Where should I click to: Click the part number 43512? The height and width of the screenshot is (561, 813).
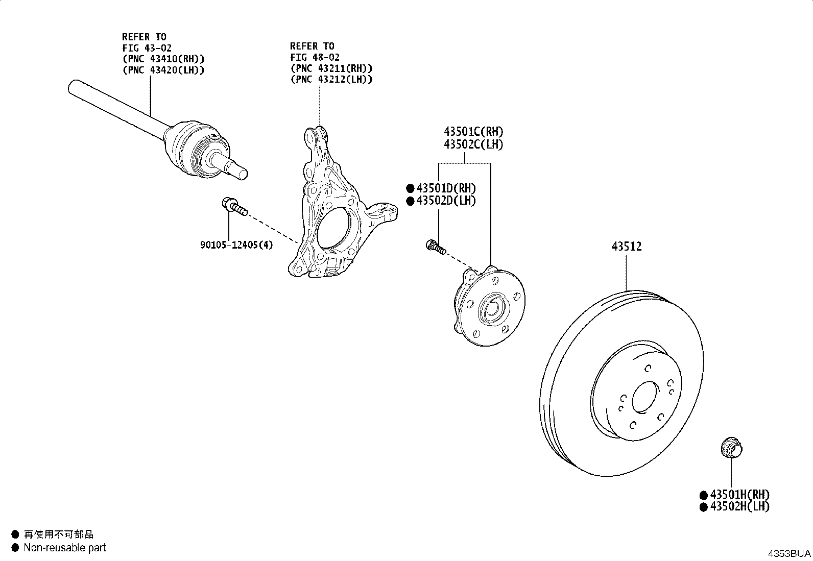[x=627, y=247]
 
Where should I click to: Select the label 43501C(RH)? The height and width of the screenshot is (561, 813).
[x=473, y=131]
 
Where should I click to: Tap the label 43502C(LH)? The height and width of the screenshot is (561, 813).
[x=473, y=144]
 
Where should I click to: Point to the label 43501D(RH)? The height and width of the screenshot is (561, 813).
[x=446, y=188]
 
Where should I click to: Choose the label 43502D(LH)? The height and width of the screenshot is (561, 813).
[x=446, y=200]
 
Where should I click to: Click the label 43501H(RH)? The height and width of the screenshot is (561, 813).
[x=739, y=494]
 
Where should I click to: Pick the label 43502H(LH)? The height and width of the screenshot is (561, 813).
[x=739, y=506]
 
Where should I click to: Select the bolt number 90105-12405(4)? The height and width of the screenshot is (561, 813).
[x=236, y=245]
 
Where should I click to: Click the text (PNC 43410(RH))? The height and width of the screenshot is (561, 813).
[x=163, y=59]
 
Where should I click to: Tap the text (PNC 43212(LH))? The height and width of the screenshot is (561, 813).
[x=331, y=79]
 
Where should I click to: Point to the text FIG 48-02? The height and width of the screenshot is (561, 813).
[x=315, y=57]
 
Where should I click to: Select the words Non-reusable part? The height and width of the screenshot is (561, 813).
[x=65, y=548]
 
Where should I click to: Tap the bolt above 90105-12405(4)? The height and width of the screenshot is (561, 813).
[x=234, y=206]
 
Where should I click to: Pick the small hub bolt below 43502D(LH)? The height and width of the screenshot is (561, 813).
[x=436, y=247]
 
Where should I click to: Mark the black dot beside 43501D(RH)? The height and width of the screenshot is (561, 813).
[x=410, y=188]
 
